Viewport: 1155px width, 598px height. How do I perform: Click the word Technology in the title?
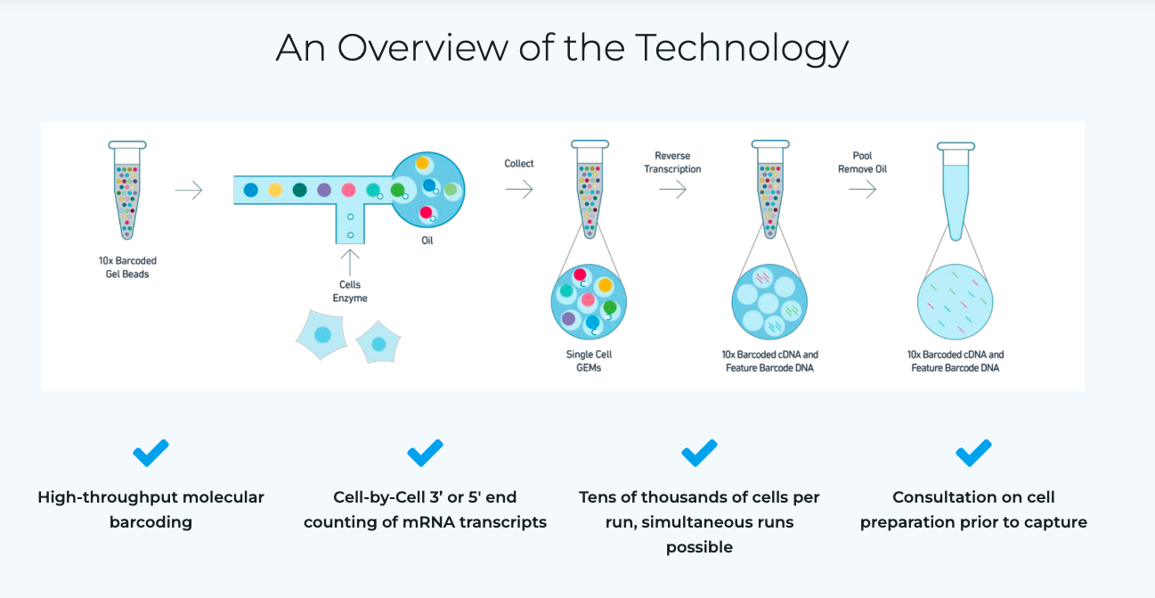(x=742, y=49)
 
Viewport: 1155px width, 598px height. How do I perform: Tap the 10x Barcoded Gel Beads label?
(x=127, y=267)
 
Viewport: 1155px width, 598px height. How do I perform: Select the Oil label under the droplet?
(x=427, y=241)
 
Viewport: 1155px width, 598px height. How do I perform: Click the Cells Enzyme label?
(x=350, y=291)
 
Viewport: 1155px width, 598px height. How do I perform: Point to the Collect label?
(x=518, y=164)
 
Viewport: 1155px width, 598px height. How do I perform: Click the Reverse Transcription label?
(x=672, y=162)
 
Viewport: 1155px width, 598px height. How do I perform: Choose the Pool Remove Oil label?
(x=862, y=162)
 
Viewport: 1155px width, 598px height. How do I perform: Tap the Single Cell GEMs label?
(x=589, y=361)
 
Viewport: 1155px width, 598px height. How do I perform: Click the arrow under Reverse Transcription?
(x=672, y=189)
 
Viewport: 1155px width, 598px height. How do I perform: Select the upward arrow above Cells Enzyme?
(x=350, y=263)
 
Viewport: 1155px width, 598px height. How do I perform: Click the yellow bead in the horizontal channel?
(x=275, y=190)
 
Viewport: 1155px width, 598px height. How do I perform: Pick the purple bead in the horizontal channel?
(x=324, y=190)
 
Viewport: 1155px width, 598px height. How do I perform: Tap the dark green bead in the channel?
(x=299, y=190)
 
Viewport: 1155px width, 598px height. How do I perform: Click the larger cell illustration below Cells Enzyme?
(x=321, y=335)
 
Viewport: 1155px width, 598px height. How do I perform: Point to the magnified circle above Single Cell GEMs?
(x=589, y=302)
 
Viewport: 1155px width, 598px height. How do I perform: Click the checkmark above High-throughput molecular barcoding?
(x=150, y=453)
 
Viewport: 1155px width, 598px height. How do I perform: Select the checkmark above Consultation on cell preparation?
(x=973, y=453)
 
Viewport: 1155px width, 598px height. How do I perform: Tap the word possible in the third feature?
(x=699, y=547)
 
